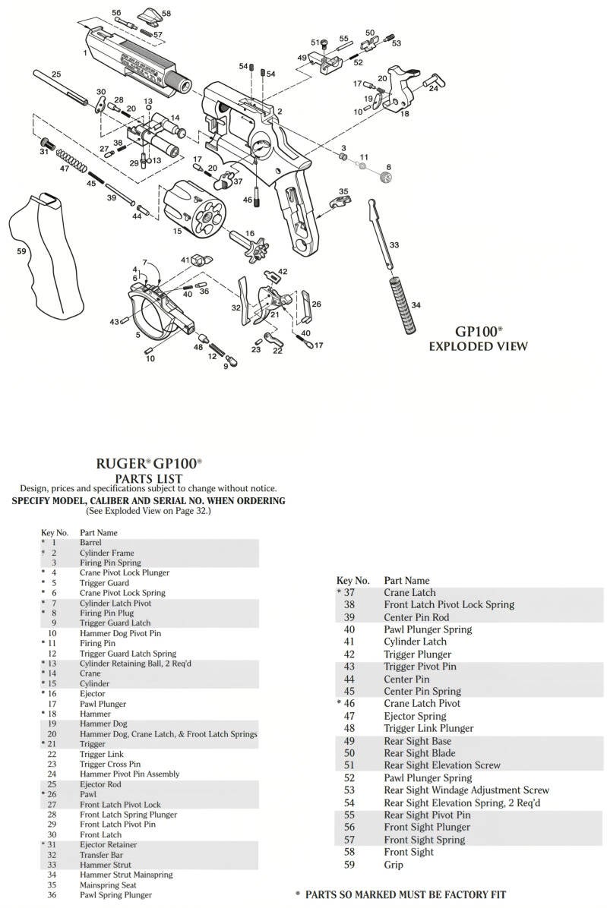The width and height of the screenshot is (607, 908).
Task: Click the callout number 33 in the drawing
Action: click(394, 245)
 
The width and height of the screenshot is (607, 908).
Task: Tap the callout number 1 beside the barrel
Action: click(85, 53)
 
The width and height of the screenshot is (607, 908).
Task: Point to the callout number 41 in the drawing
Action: click(185, 260)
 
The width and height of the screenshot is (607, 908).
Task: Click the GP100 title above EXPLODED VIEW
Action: click(478, 332)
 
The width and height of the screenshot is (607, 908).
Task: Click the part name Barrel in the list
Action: click(90, 543)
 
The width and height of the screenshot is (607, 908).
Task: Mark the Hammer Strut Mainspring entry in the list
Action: click(126, 875)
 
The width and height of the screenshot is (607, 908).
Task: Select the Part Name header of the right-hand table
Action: click(406, 580)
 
